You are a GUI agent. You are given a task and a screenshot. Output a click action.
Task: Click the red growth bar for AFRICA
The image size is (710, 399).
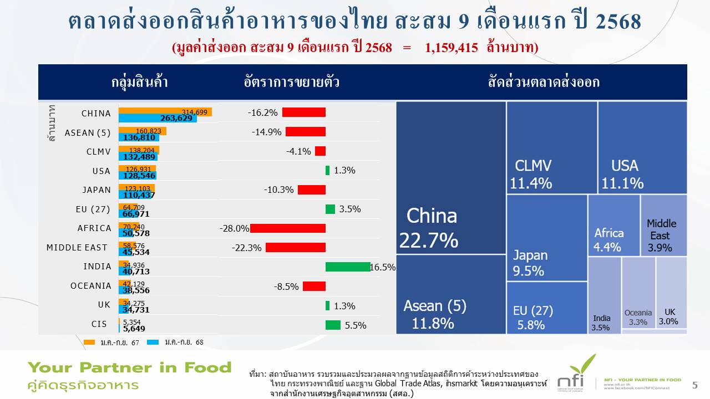pos(287,228)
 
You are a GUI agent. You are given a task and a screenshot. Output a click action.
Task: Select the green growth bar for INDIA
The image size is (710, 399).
pos(348,267)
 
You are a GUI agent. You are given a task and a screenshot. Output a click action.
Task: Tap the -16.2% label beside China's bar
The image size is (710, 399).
pos(262,112)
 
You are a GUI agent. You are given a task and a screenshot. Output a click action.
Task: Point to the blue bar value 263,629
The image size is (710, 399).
pos(176,118)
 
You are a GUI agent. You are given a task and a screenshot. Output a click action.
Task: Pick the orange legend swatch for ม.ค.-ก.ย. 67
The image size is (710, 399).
pos(90,342)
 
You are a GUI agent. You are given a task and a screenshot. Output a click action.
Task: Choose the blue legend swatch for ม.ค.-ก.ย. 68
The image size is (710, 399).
pos(153,342)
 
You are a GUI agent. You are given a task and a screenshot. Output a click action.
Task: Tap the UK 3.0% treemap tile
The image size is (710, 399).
pos(671,293)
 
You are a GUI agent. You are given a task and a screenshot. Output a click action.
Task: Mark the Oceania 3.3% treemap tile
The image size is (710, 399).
pos(638,293)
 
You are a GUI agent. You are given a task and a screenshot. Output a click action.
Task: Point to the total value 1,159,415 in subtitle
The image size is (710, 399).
pos(451,47)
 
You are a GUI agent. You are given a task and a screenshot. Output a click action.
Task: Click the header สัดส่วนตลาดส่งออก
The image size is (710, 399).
pos(544,83)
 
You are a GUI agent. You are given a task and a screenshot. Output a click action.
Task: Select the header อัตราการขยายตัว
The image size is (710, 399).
pos(292,83)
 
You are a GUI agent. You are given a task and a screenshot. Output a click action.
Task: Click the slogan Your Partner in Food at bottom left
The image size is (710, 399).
pos(129,367)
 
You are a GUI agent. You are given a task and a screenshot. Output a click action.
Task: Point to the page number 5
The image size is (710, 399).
pos(695,385)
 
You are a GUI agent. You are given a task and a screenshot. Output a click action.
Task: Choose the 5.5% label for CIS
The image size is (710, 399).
pos(356,326)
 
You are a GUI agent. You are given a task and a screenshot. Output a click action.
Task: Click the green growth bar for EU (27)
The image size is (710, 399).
pos(330,209)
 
